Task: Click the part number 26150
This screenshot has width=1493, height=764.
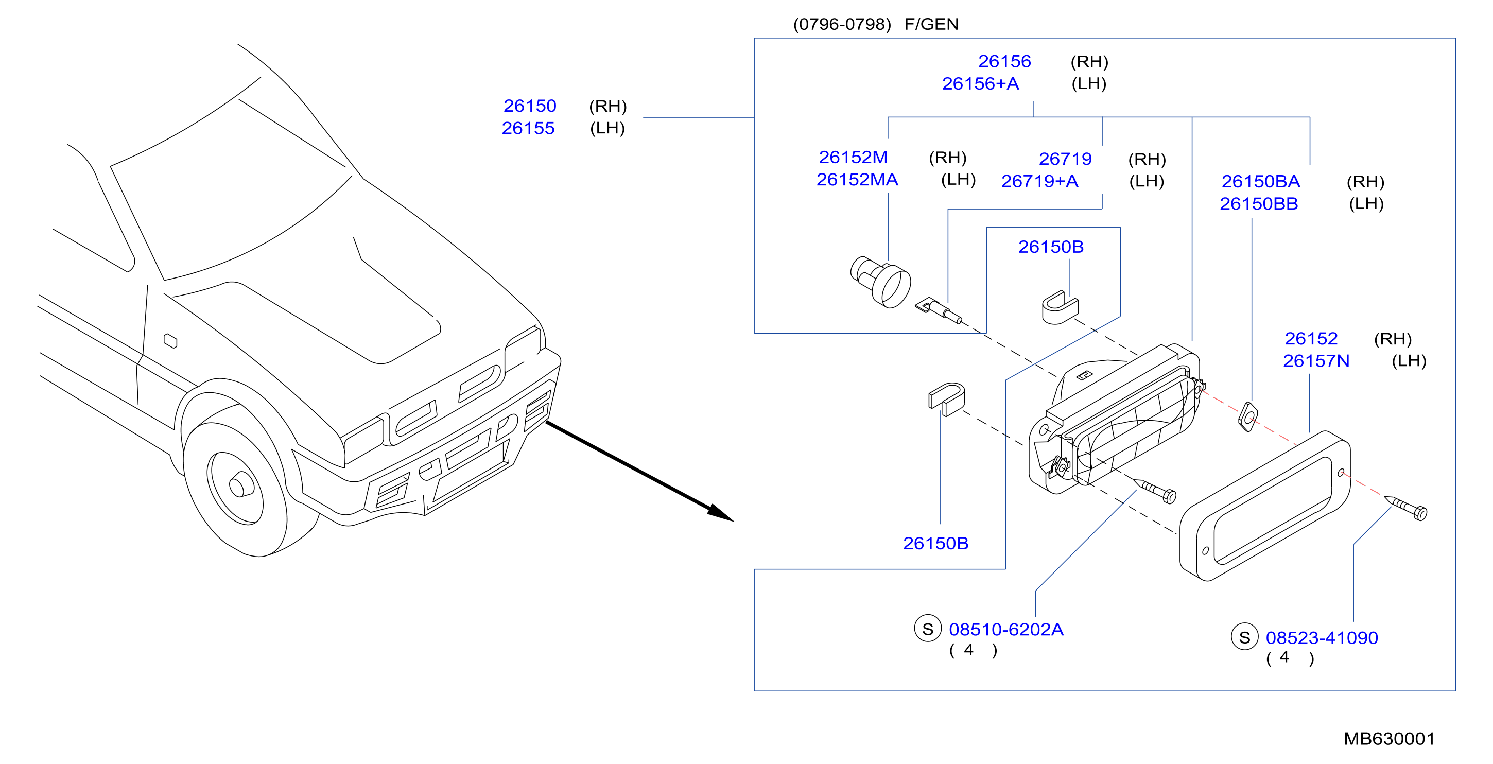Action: (529, 106)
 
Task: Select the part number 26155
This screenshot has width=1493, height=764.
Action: (528, 128)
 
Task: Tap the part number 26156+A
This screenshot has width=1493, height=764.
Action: (980, 84)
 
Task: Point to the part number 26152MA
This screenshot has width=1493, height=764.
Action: (857, 180)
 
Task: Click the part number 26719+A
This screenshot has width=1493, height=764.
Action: (1040, 181)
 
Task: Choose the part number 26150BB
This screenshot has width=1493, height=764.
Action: (1259, 204)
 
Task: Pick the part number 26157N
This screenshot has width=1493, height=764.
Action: (1316, 361)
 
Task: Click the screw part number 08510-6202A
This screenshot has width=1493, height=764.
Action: (1006, 630)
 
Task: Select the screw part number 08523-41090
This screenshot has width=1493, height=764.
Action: (1322, 638)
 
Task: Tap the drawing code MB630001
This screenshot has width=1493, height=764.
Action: (1389, 739)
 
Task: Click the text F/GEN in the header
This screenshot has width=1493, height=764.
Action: (931, 24)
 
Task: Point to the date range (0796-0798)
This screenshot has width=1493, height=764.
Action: (842, 24)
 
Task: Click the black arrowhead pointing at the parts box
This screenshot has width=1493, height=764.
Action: (720, 512)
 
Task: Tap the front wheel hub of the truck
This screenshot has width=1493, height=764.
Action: (240, 484)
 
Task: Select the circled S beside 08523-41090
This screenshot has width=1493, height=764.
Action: (1244, 637)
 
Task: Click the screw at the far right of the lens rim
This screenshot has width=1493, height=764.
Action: (1406, 508)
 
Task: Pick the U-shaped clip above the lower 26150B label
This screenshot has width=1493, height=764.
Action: (946, 399)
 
